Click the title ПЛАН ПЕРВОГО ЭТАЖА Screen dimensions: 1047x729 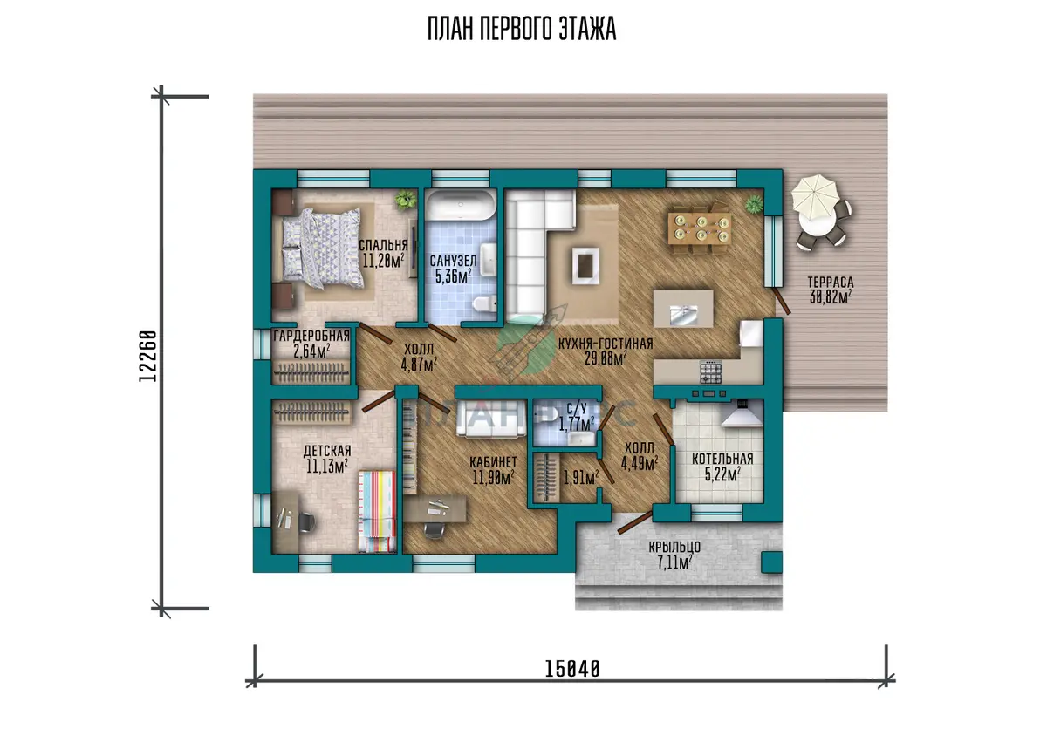(x=522, y=29)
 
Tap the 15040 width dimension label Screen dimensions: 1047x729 (x=572, y=669)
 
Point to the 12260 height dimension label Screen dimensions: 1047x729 (x=147, y=356)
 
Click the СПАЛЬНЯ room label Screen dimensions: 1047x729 (x=383, y=245)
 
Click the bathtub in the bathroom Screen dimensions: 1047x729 (x=461, y=205)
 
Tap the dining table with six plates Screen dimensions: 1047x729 (x=699, y=228)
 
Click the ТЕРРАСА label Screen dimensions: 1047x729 (x=831, y=282)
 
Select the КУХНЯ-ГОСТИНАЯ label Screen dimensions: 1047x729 (x=606, y=344)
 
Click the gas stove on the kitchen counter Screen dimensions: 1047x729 (x=710, y=371)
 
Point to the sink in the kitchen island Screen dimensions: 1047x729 (x=683, y=315)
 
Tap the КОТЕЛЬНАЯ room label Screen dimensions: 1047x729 (x=722, y=459)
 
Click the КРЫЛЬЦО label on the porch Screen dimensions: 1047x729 (x=674, y=547)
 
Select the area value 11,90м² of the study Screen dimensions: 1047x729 (x=494, y=477)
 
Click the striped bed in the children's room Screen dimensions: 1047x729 (x=377, y=512)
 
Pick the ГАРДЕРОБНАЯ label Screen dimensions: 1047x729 (x=311, y=336)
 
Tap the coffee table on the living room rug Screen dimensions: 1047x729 (x=585, y=265)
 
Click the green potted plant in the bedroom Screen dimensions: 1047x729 (x=405, y=200)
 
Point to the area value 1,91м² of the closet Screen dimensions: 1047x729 (x=581, y=477)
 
